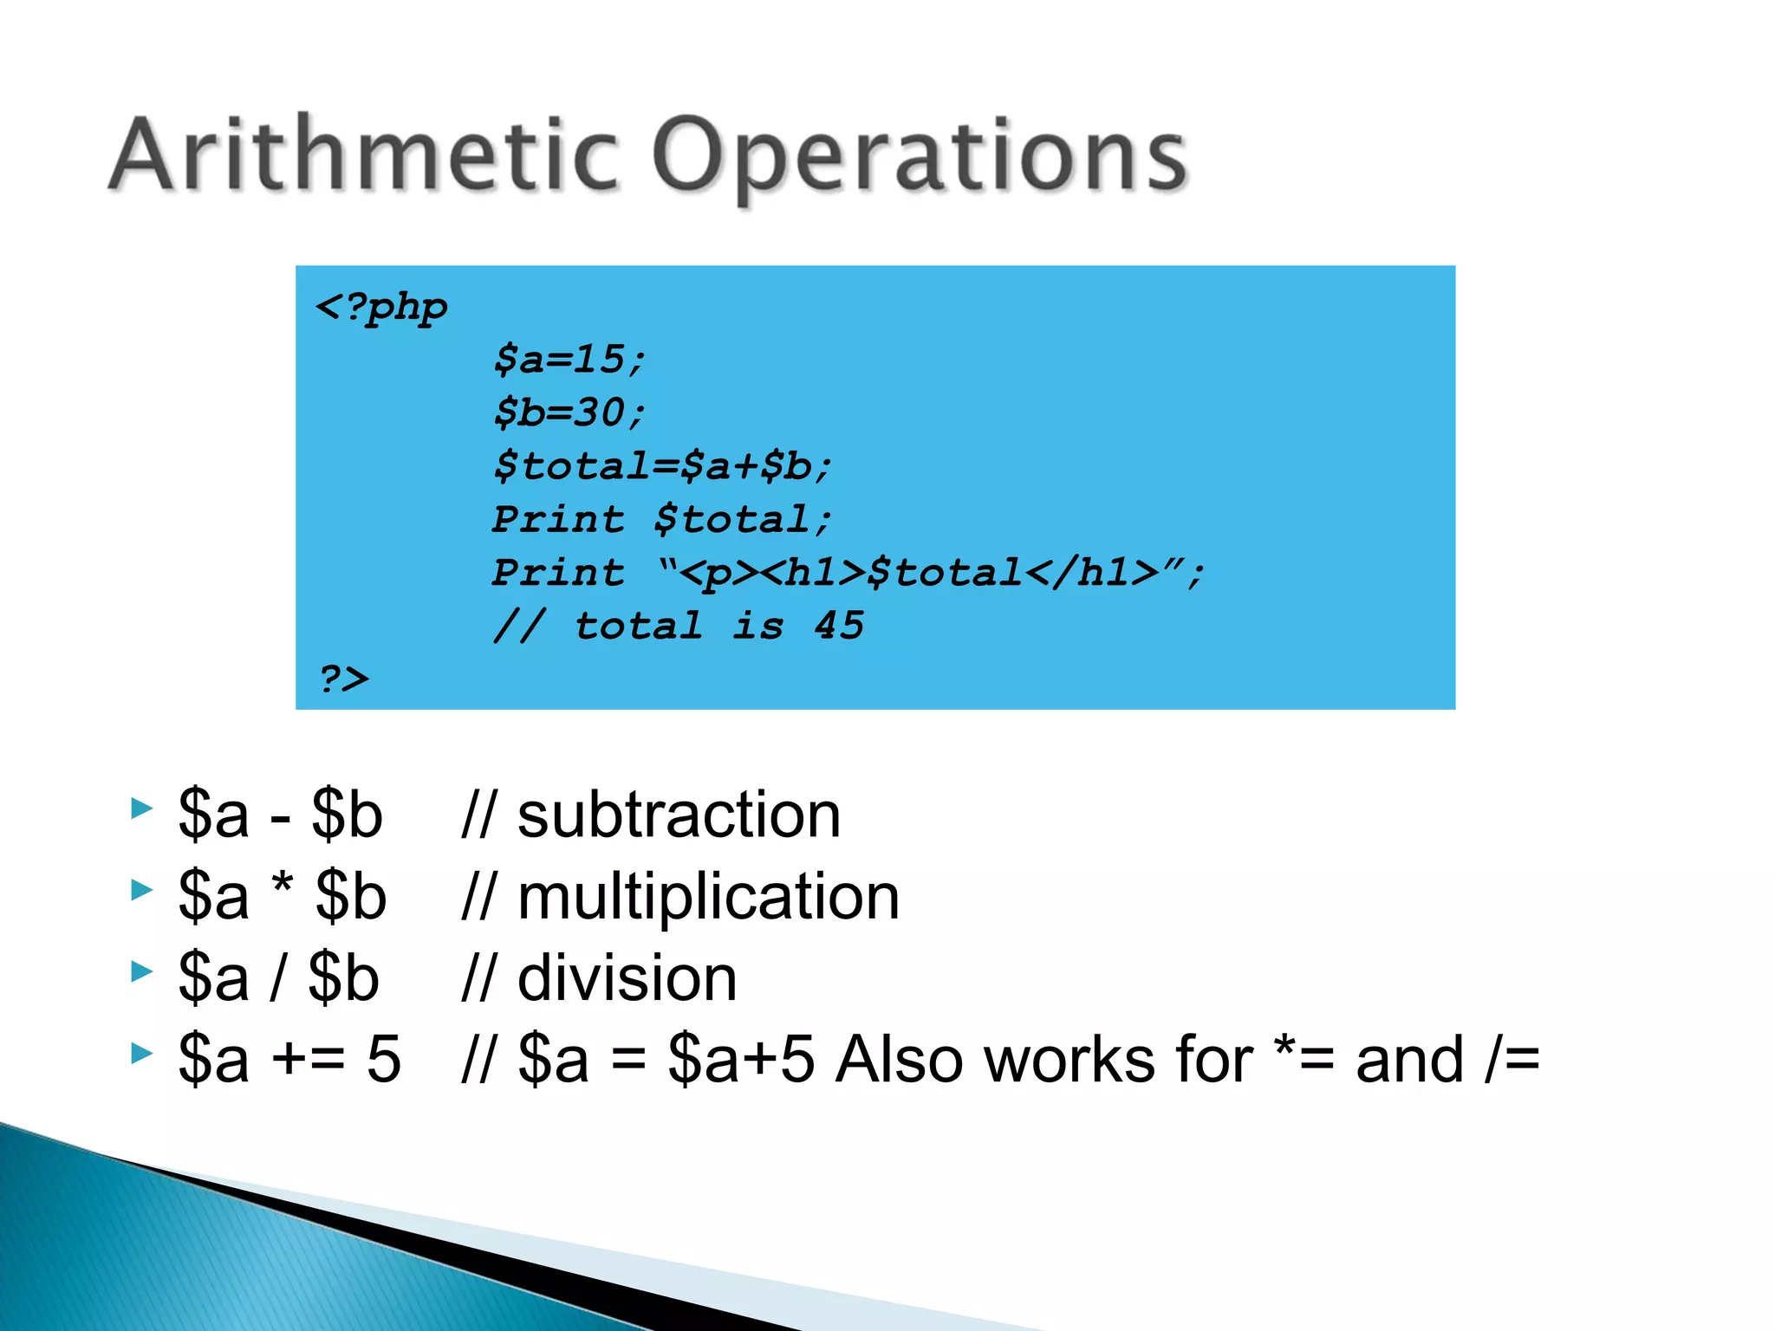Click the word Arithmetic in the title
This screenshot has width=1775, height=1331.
coord(364,156)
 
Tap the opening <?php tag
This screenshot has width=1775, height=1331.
coord(381,308)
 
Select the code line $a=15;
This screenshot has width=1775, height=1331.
coord(569,360)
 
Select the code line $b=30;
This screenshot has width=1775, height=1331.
coord(569,412)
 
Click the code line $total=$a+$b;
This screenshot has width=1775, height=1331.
coord(662,466)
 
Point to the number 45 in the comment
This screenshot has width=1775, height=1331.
coord(839,626)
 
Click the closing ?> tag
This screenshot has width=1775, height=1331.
coord(343,678)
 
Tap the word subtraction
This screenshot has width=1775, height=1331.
coord(679,815)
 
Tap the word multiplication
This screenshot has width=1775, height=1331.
coord(708,897)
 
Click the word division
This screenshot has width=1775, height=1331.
coord(627,978)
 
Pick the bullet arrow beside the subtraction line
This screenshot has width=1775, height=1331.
coord(141,808)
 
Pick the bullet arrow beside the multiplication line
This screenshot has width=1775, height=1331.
coord(141,890)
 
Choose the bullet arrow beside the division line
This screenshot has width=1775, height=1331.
coord(141,971)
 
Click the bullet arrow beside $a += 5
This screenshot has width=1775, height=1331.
coord(141,1053)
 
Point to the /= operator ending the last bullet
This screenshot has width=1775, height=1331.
coord(1512,1060)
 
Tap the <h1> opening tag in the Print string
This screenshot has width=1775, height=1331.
coord(815,573)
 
